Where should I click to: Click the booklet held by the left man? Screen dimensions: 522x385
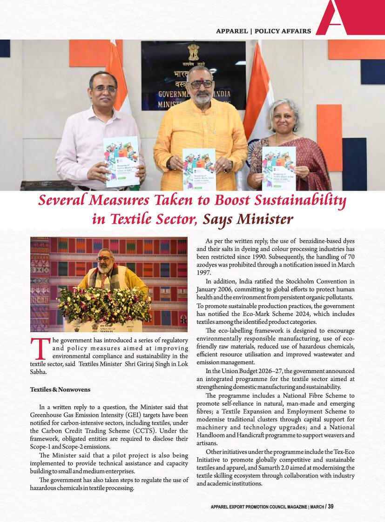tap(122, 161)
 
